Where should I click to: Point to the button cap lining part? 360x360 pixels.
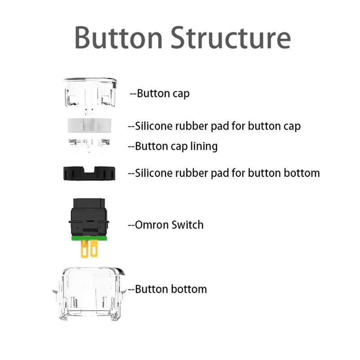pyautogui.click(x=89, y=145)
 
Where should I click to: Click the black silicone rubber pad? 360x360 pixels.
pyautogui.click(x=88, y=172)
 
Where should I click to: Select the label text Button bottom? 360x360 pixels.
pyautogui.click(x=171, y=289)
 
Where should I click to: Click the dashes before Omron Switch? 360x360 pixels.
pyautogui.click(x=131, y=225)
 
